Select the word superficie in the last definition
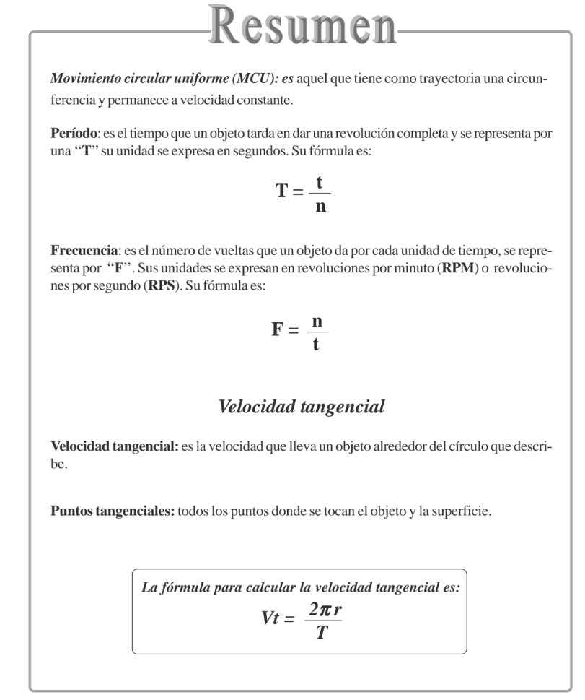tap(467, 513)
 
